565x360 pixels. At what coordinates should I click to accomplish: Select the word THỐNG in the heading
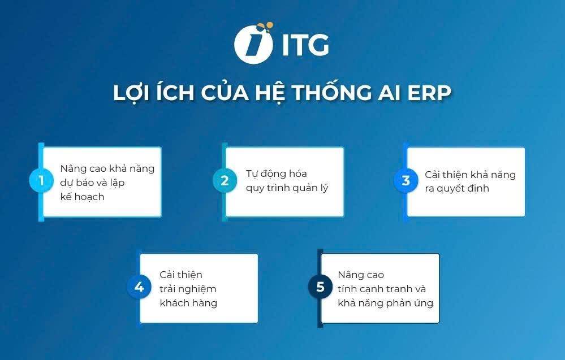tap(308, 93)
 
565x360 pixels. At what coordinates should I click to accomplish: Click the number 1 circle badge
tap(41, 181)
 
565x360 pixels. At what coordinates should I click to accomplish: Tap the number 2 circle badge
tap(225, 181)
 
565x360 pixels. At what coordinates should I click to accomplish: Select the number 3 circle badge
tap(406, 181)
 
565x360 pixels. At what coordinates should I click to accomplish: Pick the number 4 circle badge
tap(139, 287)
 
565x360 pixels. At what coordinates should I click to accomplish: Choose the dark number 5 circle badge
tap(320, 287)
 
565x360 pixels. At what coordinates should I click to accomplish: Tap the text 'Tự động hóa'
tap(276, 174)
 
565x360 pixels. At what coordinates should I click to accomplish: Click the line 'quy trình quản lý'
tap(287, 188)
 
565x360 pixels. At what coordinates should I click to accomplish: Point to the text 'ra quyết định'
tap(456, 188)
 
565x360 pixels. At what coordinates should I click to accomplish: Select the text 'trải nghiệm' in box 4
tap(188, 289)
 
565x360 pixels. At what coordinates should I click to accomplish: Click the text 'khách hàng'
tap(188, 303)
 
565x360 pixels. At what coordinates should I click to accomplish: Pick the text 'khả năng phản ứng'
tap(385, 303)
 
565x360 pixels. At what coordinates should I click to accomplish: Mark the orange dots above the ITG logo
tap(264, 26)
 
